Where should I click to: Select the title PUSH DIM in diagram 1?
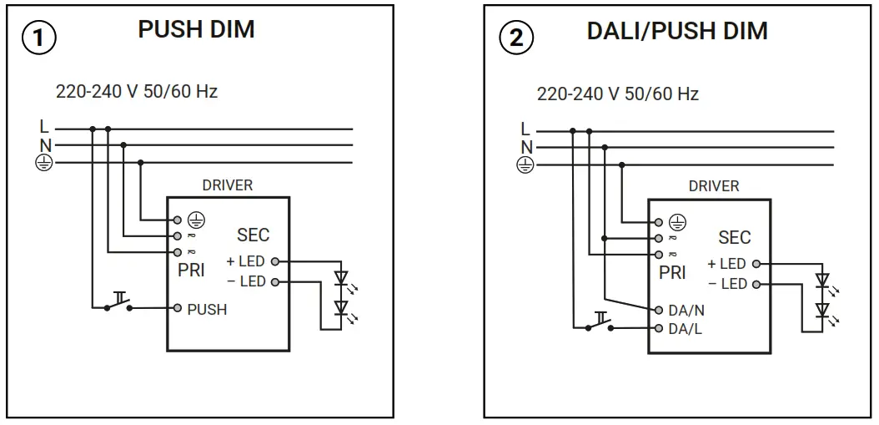tap(196, 29)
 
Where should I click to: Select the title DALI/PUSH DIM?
tap(677, 31)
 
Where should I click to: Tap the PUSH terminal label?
tap(207, 309)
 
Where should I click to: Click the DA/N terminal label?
tap(686, 310)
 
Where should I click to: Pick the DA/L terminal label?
tap(685, 328)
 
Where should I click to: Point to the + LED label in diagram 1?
tap(246, 261)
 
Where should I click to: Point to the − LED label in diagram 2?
tap(727, 284)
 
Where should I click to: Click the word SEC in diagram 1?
tap(253, 235)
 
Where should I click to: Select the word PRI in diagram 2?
tap(672, 273)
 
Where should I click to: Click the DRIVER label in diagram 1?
tap(228, 185)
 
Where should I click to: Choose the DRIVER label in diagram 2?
tap(713, 186)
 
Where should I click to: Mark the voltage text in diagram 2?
tap(617, 94)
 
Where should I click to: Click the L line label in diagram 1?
tap(43, 128)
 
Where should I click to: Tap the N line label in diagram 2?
tap(525, 147)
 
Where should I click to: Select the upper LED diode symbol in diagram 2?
tap(823, 281)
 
